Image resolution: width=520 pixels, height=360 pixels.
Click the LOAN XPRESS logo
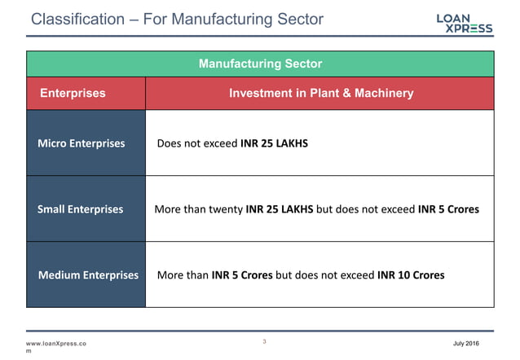tap(464, 22)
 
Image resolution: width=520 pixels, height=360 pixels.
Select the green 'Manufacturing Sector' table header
tap(260, 64)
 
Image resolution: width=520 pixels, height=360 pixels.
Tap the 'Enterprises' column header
tap(73, 93)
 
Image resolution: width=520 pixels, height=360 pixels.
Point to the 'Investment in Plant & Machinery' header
tap(321, 93)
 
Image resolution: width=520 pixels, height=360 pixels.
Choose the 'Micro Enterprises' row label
tap(82, 143)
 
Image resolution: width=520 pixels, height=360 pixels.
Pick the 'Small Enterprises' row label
tap(81, 209)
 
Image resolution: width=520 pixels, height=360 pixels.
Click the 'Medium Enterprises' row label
tap(88, 274)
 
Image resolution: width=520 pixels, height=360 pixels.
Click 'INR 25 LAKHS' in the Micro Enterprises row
tap(275, 143)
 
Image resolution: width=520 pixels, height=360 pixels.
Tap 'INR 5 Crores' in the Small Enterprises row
tap(448, 209)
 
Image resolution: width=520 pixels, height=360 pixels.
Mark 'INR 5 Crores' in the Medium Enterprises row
tap(242, 274)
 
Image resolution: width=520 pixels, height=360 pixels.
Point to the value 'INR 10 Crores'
tap(411, 274)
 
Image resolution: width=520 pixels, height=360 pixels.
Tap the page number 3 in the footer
tap(265, 342)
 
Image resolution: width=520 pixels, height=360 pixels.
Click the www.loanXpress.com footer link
tap(57, 344)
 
